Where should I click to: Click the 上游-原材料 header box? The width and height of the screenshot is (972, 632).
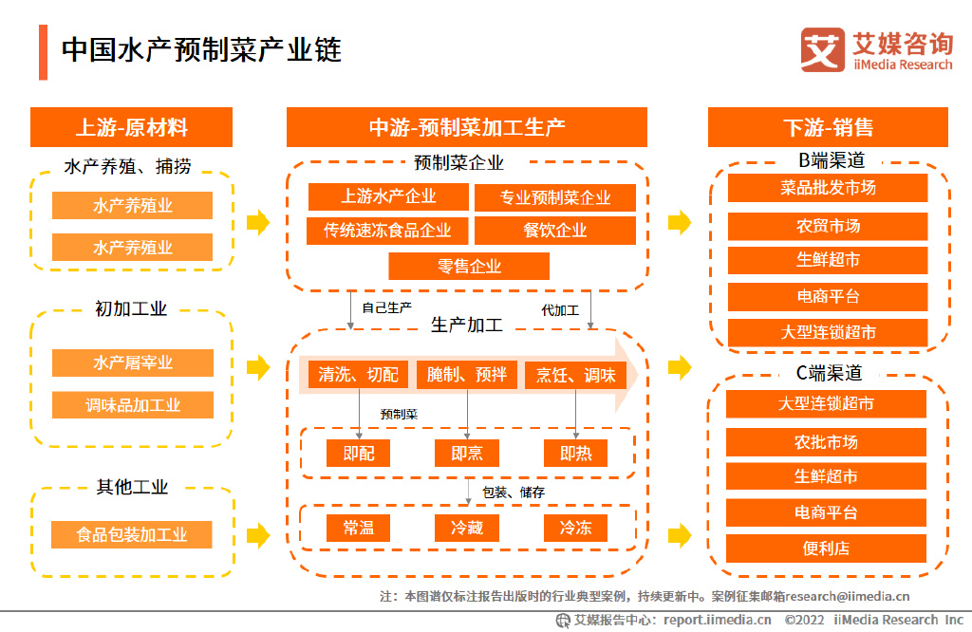pos(131,127)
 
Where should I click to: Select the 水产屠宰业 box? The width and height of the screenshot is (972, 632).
pos(132,362)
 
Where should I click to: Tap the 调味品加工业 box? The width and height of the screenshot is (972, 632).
pos(132,405)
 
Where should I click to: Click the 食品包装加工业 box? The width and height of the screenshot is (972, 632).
pos(132,534)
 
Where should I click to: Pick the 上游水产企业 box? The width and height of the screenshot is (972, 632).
pos(388,196)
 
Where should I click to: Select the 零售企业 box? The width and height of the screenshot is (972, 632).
pos(469,266)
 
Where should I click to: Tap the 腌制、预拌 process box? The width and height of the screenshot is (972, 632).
pos(467,375)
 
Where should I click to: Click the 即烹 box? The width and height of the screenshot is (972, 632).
pos(467,454)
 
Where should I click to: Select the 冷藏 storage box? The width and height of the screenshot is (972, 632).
pos(467,528)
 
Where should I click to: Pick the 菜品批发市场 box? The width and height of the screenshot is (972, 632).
pos(828,188)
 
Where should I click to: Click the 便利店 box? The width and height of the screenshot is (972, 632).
pos(826,548)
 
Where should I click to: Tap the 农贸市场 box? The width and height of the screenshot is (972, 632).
pos(828,226)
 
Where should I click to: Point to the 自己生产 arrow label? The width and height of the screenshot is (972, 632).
pos(386,308)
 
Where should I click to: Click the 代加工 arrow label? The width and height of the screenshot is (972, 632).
pos(559,309)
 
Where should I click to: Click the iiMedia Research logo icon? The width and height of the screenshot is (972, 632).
pos(822,49)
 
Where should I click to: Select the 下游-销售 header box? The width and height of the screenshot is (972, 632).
pos(828,127)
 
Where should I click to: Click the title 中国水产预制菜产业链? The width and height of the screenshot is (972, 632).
pos(201,50)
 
